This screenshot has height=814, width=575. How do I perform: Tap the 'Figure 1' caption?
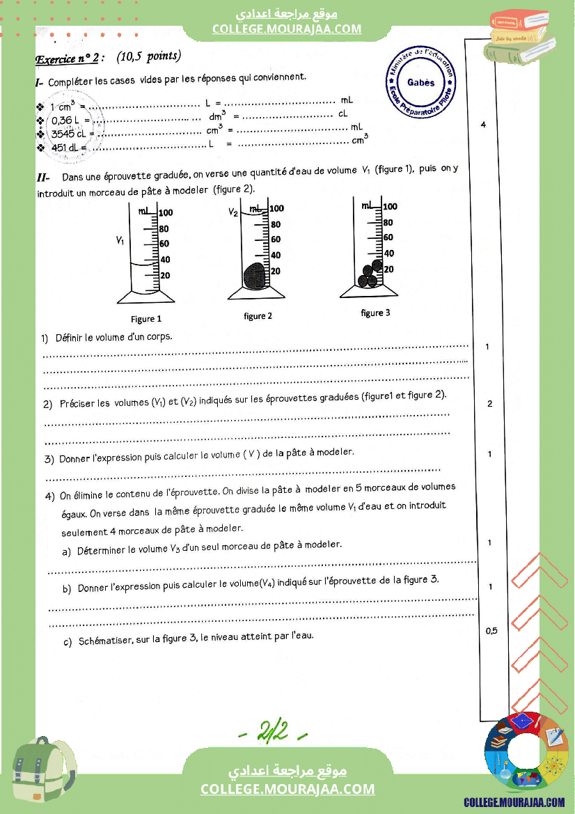click(146, 319)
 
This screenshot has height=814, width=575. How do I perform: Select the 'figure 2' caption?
click(258, 316)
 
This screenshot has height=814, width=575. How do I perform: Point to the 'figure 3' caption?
click(375, 313)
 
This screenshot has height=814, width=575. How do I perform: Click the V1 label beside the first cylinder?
click(120, 240)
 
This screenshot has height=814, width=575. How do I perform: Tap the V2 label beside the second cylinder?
click(234, 212)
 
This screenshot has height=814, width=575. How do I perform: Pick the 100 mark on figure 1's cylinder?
click(166, 213)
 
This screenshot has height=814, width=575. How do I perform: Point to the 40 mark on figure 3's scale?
click(389, 253)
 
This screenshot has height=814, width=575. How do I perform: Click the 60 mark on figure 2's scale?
click(276, 239)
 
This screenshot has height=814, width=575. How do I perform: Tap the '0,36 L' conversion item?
click(67, 120)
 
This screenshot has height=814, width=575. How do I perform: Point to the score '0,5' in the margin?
click(491, 631)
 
